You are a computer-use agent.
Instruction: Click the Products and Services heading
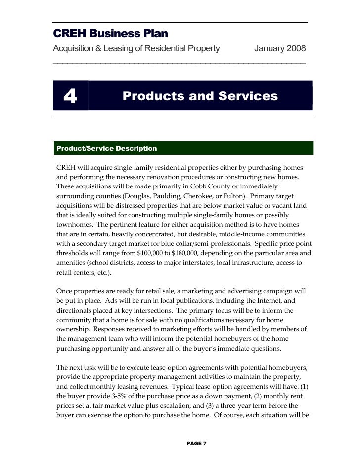(x=200, y=96)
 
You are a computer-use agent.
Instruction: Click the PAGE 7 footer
(x=197, y=443)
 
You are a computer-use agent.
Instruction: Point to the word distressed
(x=136, y=208)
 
